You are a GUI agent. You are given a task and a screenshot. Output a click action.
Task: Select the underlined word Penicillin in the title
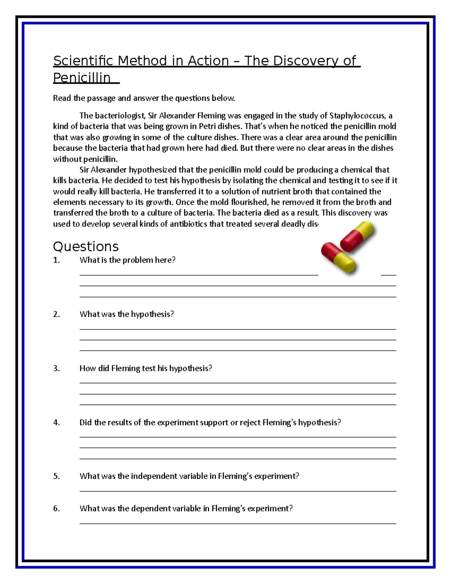pos(82,78)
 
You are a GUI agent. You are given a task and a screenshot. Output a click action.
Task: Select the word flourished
pos(239,202)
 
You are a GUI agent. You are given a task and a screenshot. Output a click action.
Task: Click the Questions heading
pos(86,247)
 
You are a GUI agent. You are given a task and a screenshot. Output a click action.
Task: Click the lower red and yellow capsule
pos(338,258)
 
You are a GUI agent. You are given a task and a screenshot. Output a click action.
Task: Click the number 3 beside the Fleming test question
pos(56,369)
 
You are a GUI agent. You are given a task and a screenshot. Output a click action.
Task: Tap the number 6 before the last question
pos(56,509)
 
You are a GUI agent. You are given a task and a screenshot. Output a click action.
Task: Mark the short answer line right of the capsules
pos(388,275)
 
